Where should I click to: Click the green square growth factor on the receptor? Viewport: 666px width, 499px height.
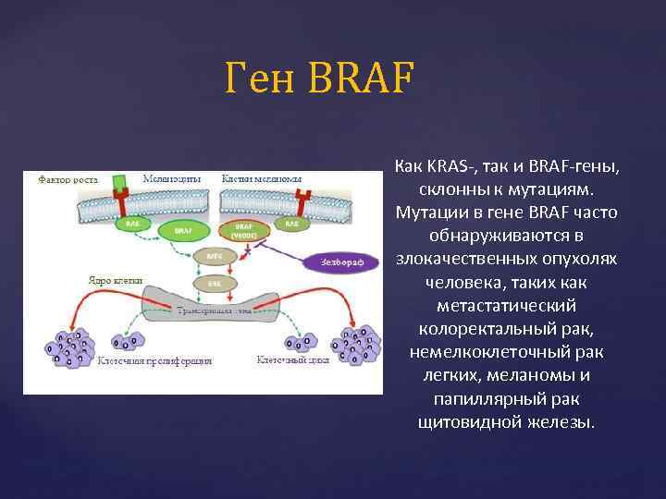[x=119, y=182]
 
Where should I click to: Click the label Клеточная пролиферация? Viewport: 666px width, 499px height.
[x=154, y=360]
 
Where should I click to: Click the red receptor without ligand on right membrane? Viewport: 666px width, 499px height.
[x=302, y=201]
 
